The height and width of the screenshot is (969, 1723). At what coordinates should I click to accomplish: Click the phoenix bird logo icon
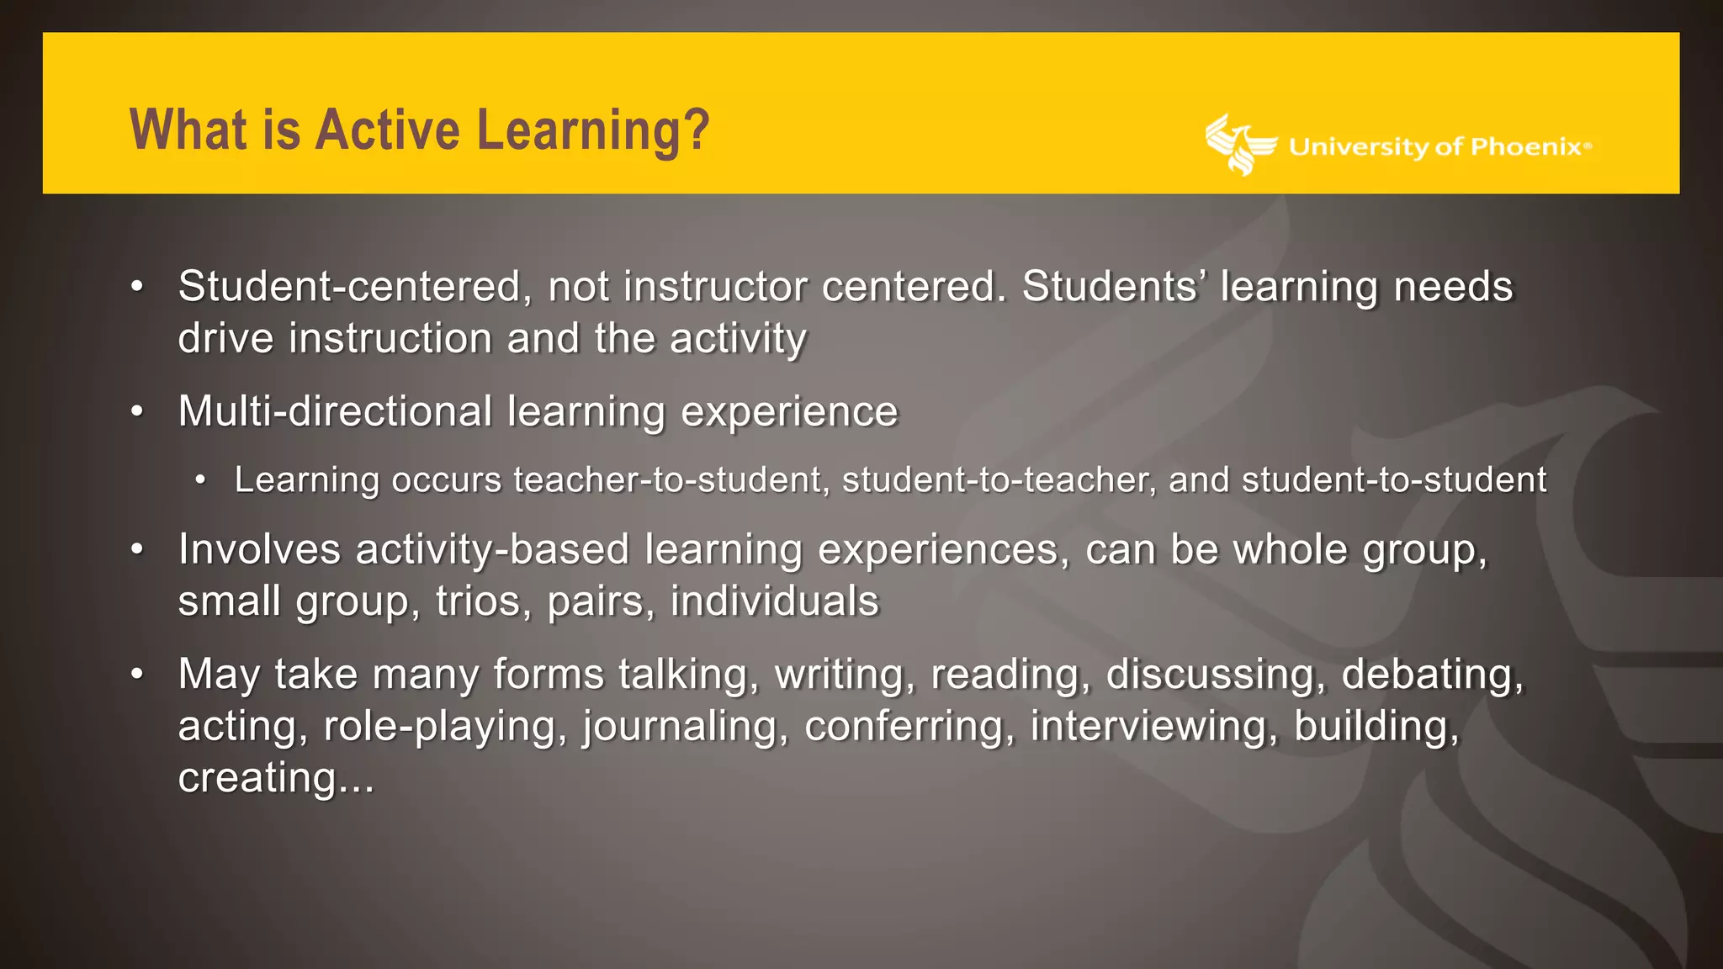tap(1239, 145)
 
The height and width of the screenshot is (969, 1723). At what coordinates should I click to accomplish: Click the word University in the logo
tap(1359, 147)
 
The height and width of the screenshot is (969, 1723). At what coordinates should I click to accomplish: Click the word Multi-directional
tap(335, 412)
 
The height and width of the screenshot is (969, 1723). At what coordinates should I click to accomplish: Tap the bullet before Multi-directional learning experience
tap(137, 412)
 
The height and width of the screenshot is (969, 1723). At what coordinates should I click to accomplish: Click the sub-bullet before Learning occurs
tap(200, 480)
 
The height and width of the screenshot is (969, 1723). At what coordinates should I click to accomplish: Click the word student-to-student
tap(1394, 480)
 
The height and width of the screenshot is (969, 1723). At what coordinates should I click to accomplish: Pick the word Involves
tap(259, 550)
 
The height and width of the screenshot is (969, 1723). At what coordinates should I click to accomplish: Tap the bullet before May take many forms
tap(137, 675)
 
